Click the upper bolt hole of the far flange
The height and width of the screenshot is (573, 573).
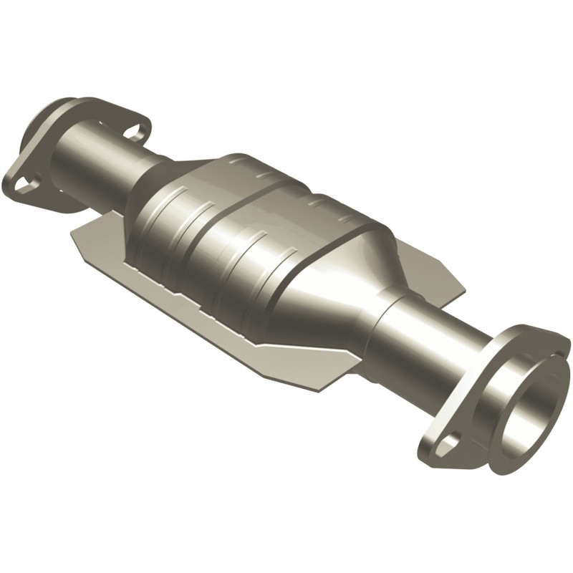133,131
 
